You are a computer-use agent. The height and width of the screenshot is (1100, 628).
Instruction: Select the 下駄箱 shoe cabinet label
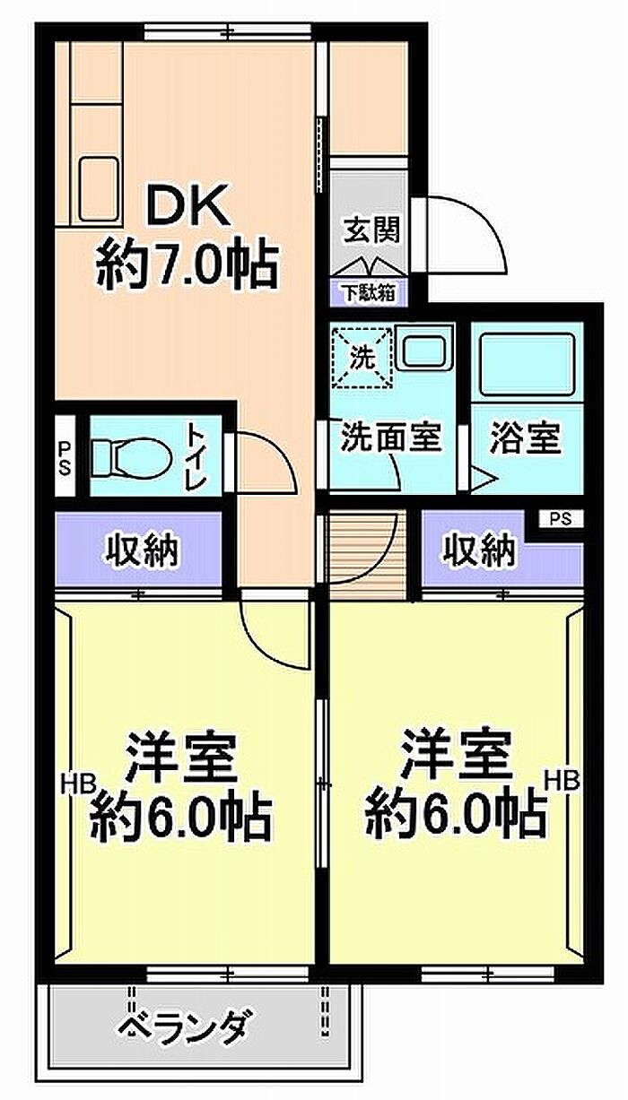click(x=369, y=294)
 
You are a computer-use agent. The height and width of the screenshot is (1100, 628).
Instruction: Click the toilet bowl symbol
click(x=132, y=458)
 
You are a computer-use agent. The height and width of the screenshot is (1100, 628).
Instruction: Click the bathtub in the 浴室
click(x=528, y=364)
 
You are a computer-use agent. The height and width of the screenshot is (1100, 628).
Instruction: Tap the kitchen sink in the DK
click(x=100, y=189)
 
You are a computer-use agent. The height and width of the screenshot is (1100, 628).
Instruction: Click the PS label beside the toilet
click(x=65, y=458)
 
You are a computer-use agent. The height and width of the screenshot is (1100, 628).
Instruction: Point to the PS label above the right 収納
click(x=561, y=519)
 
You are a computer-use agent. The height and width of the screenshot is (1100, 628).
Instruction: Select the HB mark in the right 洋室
click(x=563, y=780)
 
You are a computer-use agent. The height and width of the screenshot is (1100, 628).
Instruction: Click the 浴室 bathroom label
click(x=525, y=437)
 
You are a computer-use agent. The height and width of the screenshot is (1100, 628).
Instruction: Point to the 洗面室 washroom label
click(x=391, y=436)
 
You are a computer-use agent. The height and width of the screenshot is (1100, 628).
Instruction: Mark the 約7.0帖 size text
click(x=188, y=265)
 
